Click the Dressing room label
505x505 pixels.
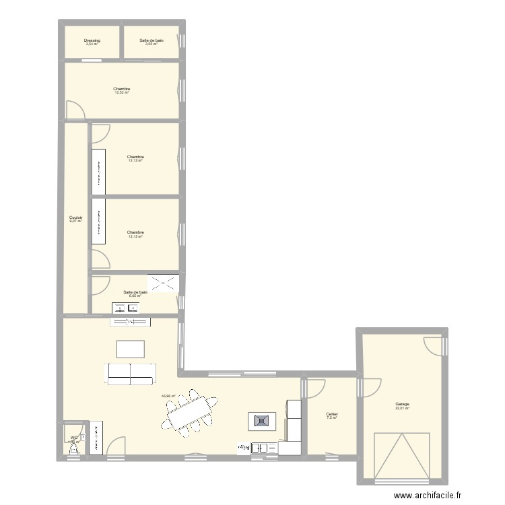tap(92, 40)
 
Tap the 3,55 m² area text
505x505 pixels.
tap(151, 44)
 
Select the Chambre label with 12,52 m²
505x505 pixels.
tap(122, 89)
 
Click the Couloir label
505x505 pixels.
tap(75, 217)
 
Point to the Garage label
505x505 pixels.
tap(403, 404)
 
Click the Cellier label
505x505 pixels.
tap(331, 414)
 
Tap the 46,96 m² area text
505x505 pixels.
tap(168, 397)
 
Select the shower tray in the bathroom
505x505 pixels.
tap(164, 283)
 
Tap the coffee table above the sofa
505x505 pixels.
tap(130, 349)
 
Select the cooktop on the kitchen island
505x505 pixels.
tap(261, 422)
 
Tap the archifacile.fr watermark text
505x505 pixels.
tap(428, 496)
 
